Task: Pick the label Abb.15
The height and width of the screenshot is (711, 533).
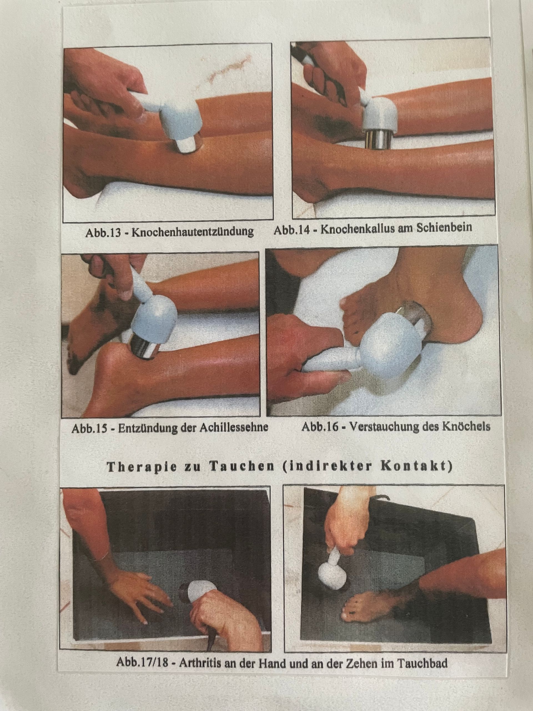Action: point(89,429)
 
